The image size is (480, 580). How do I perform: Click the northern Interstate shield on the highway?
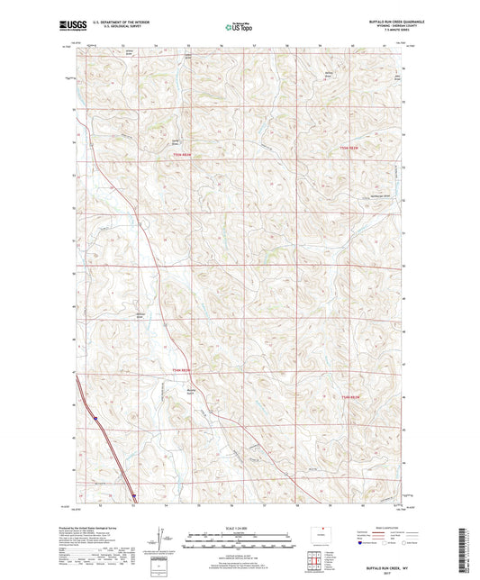coord(95,417)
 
